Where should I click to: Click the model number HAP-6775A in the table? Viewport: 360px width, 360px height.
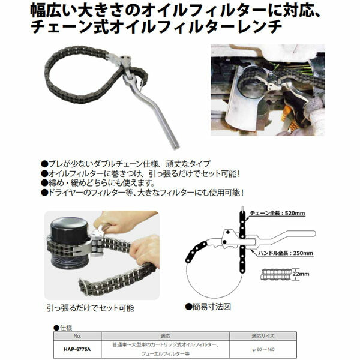[x=72, y=343]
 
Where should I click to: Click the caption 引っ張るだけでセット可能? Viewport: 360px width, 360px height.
[x=90, y=308]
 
